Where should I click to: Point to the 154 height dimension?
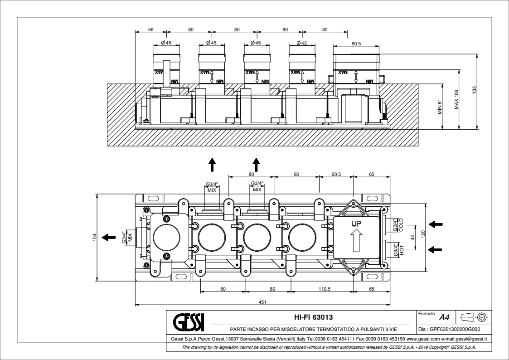click(95, 237)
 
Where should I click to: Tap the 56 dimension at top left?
click(151, 29)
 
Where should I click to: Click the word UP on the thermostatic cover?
click(356, 224)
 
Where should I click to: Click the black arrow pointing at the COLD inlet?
click(436, 224)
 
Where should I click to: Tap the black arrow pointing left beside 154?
click(108, 237)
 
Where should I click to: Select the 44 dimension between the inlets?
click(412, 237)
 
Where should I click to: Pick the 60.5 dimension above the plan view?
click(336, 174)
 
